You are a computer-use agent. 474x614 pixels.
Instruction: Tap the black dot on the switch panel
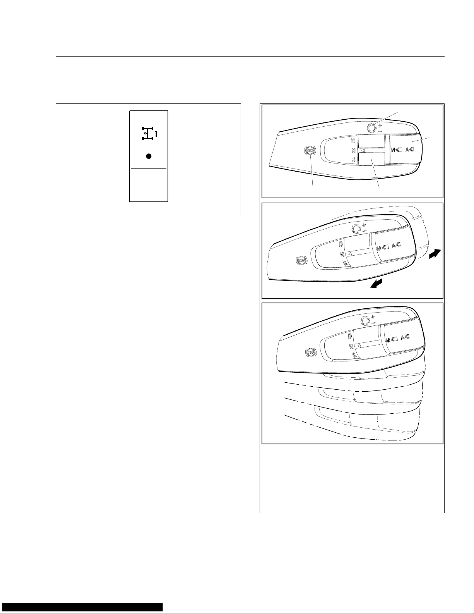pos(149,156)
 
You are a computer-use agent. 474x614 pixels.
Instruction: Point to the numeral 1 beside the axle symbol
pos(156,134)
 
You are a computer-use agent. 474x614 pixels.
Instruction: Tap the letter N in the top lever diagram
pos(353,151)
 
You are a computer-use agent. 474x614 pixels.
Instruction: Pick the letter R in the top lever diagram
pos(353,159)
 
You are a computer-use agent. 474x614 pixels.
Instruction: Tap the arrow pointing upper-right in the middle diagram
pos(435,254)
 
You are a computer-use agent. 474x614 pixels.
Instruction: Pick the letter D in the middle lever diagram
pos(341,244)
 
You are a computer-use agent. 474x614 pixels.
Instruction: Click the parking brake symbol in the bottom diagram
pos(311,352)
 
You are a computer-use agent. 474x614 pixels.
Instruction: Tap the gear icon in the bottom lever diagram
pos(364,321)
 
